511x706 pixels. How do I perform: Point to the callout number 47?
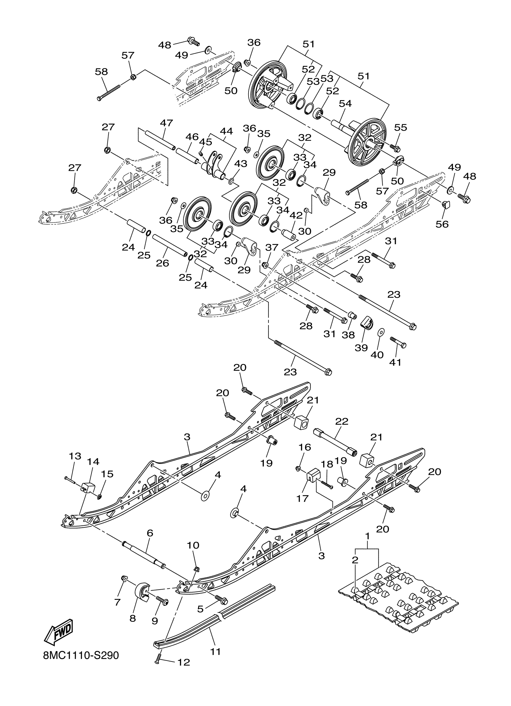(167, 123)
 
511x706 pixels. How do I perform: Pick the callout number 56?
(442, 224)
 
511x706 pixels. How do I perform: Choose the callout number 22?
(341, 421)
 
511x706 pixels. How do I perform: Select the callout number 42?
(296, 215)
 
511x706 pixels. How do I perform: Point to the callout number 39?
(361, 348)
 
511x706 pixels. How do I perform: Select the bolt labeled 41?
(398, 342)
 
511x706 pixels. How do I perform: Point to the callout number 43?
(241, 164)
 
